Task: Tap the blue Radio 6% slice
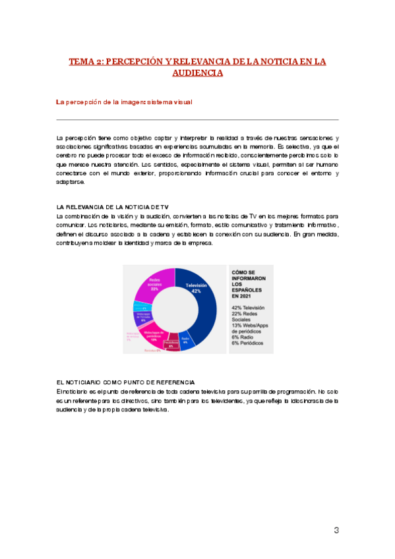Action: coord(187,340)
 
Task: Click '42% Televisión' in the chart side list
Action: coord(247,308)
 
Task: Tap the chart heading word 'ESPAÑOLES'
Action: coord(246,290)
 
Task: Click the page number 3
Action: coord(336,531)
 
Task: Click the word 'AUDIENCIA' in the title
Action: coord(197,73)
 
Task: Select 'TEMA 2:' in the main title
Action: coord(84,62)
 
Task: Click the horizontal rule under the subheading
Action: coord(197,119)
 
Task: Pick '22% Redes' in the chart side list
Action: coord(243,314)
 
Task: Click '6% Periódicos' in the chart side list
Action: coord(248,343)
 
